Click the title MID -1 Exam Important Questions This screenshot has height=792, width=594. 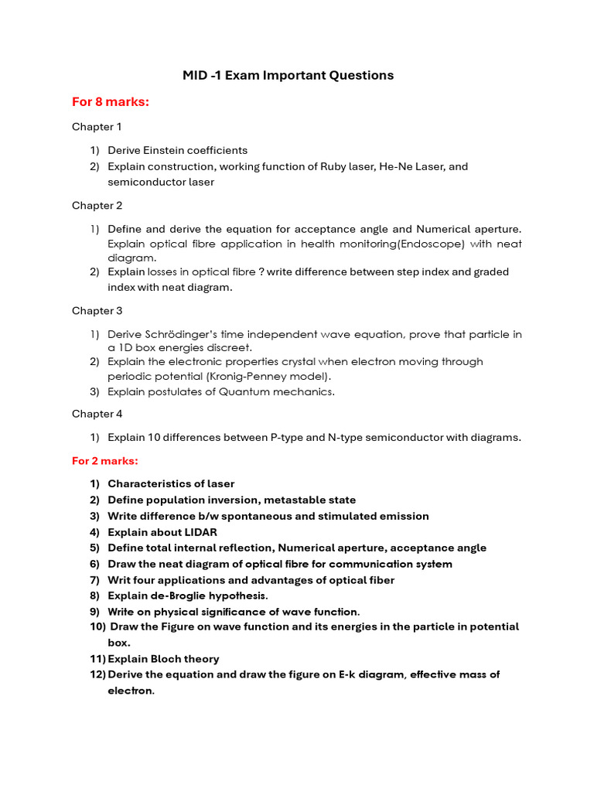pyautogui.click(x=288, y=75)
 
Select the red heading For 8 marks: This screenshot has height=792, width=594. pyautogui.click(x=110, y=102)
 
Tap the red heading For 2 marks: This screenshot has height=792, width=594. pyautogui.click(x=105, y=461)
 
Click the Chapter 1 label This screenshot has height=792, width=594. pyautogui.click(x=97, y=127)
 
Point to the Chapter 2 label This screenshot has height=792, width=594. pyautogui.click(x=97, y=206)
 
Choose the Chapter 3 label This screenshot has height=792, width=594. pyautogui.click(x=97, y=311)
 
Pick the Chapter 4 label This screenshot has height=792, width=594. pyautogui.click(x=97, y=414)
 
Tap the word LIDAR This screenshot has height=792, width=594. pyautogui.click(x=200, y=532)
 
